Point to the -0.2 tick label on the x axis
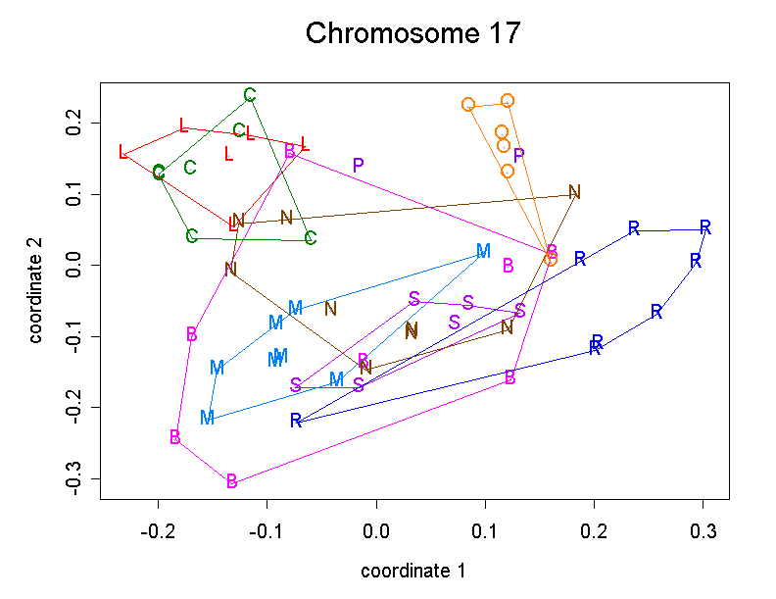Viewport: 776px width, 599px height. (x=159, y=531)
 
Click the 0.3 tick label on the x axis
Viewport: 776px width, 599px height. (x=703, y=531)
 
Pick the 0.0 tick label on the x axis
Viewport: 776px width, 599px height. (x=376, y=531)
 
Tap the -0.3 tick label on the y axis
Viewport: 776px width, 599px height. (x=72, y=479)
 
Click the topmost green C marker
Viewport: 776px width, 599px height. (x=250, y=95)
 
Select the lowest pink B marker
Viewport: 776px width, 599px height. (x=232, y=481)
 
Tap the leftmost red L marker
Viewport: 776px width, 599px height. (x=122, y=153)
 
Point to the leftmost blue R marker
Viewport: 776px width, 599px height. (x=296, y=421)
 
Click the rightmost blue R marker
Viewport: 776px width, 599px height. (x=704, y=227)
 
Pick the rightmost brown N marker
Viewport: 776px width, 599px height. (x=574, y=192)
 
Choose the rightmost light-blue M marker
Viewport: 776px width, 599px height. (x=483, y=252)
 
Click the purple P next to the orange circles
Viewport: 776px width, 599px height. (x=519, y=155)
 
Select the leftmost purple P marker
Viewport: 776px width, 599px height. (x=359, y=166)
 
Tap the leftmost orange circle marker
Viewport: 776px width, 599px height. (x=468, y=105)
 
